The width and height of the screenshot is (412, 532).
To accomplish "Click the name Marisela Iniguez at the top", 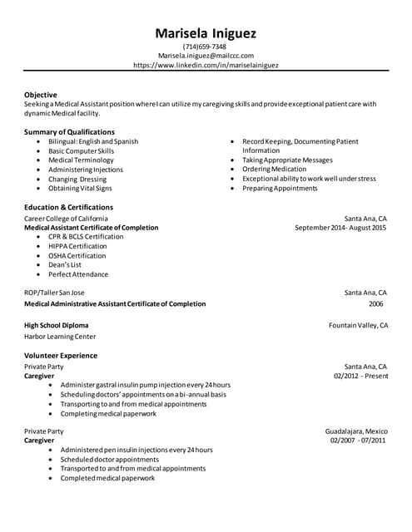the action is click(x=206, y=33).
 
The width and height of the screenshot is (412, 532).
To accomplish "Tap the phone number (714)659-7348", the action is click(x=206, y=47).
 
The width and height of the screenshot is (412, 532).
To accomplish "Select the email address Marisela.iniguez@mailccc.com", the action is click(x=206, y=56).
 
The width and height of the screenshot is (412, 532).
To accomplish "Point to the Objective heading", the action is click(x=41, y=95).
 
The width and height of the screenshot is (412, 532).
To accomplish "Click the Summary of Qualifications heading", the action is click(x=69, y=132).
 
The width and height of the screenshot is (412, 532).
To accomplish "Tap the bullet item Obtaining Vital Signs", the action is click(x=80, y=189).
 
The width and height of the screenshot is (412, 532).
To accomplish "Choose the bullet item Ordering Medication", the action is click(x=274, y=170).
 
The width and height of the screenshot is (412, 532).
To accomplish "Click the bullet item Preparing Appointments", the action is click(x=280, y=189).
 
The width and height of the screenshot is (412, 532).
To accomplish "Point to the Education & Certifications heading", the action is click(x=68, y=207).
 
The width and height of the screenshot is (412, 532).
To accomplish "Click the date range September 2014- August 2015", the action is click(x=340, y=227).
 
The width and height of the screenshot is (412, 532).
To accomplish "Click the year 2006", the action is click(x=376, y=304).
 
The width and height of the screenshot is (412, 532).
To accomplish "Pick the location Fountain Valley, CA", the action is click(x=359, y=325).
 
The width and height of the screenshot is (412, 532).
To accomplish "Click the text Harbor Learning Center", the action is click(x=60, y=337).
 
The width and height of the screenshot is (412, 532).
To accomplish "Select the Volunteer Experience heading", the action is click(x=61, y=356).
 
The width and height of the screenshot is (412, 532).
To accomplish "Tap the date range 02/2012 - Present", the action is click(x=360, y=376).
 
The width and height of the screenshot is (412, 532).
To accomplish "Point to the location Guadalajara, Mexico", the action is click(x=356, y=431).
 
